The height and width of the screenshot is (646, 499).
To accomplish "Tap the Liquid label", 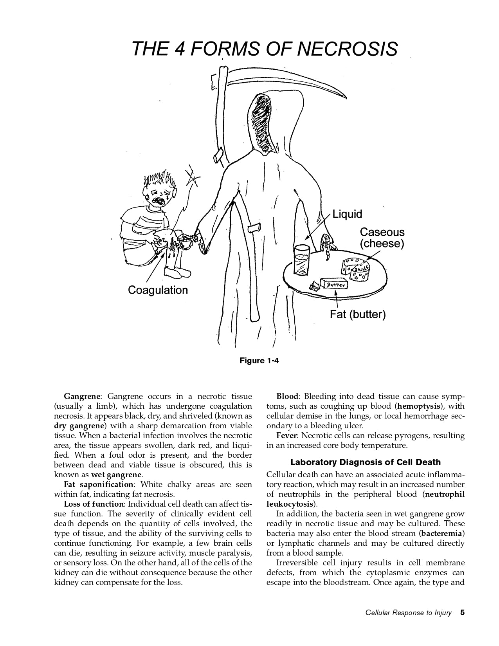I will click(347, 214).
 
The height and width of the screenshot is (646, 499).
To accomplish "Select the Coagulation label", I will click(158, 290).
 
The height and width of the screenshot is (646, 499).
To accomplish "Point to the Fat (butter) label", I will click(358, 314).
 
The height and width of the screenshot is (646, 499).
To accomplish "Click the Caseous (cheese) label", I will click(382, 238).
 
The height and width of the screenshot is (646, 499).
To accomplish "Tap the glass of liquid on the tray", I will click(302, 260).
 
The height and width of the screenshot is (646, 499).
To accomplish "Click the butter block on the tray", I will click(334, 284).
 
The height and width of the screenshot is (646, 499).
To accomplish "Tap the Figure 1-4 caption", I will click(259, 361).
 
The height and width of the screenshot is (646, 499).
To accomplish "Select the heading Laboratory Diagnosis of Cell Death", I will click(365, 462).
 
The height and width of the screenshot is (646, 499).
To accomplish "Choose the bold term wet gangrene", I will click(116, 475).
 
